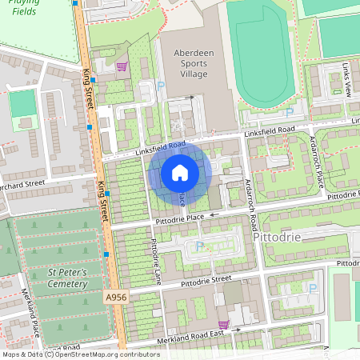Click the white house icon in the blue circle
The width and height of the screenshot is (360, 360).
click(x=180, y=173)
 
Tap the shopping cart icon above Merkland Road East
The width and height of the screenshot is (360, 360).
click(x=224, y=325)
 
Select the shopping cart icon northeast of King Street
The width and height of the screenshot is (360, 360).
click(x=122, y=67)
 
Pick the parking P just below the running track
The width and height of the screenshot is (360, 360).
click(x=290, y=112)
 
